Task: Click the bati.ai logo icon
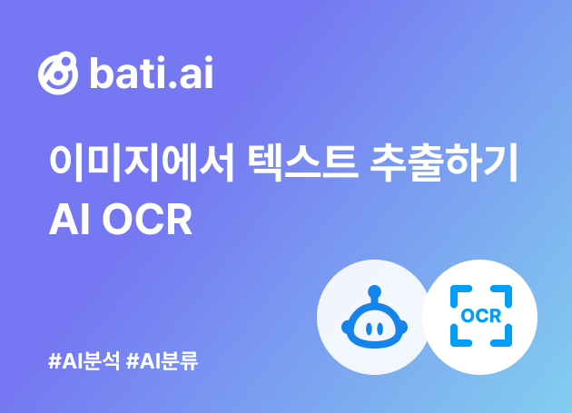[58, 73]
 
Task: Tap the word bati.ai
[152, 73]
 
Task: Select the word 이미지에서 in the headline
[142, 162]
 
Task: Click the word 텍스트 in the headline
[302, 162]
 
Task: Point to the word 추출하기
[444, 162]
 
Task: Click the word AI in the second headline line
[70, 220]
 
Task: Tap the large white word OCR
[147, 220]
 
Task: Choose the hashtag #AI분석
[84, 361]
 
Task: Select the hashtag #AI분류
[163, 361]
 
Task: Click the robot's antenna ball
[375, 291]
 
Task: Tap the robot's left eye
[369, 329]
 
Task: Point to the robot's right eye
[380, 329]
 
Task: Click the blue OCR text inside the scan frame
[481, 316]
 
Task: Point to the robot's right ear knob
[403, 327]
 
